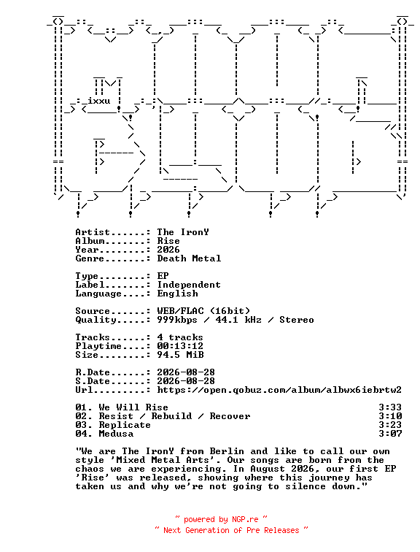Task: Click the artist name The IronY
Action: pos(183,232)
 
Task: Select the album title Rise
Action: pos(168,241)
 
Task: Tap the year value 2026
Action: pos(168,250)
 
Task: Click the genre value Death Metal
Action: pos(189,258)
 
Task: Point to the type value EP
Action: pos(163,276)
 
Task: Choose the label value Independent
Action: pos(189,285)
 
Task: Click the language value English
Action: pos(177,294)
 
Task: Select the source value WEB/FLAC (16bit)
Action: pos(203,311)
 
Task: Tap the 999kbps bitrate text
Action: pos(177,320)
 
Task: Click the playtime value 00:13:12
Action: pos(180,345)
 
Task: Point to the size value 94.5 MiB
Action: pos(180,355)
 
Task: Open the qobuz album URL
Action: pos(279,390)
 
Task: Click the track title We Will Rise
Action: pos(133,407)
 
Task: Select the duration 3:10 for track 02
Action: pos(390,416)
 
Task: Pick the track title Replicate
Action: pos(125,425)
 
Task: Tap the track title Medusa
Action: pos(116,434)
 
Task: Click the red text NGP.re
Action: pos(245,519)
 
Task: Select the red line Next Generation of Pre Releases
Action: pos(231,530)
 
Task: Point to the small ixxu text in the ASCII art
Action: pos(98,101)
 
